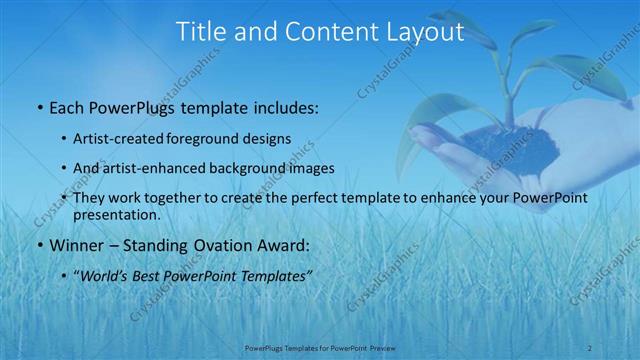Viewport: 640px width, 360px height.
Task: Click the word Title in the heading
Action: point(199,32)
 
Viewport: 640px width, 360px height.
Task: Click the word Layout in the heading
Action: point(427,32)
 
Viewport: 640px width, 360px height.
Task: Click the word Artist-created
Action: point(122,138)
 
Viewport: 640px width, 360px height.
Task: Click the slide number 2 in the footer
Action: point(590,347)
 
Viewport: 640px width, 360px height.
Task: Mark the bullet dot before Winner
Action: point(38,245)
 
